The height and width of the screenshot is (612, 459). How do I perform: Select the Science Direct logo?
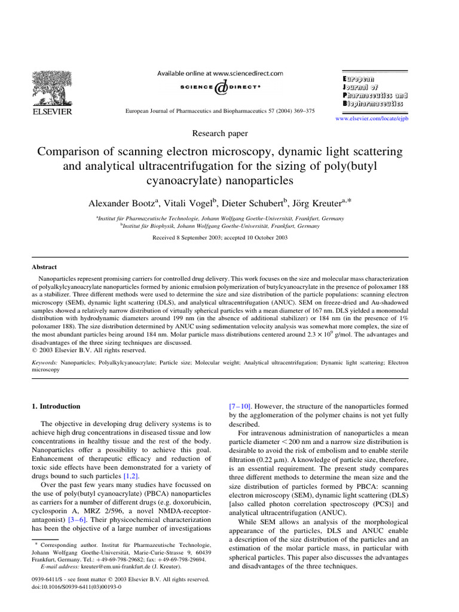(x=220, y=87)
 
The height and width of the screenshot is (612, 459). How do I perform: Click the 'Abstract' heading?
(x=44, y=268)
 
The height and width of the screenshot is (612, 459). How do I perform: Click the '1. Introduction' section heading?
(x=56, y=406)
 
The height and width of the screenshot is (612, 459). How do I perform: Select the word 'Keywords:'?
(x=45, y=362)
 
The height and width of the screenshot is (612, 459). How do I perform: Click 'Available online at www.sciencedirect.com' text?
(x=220, y=74)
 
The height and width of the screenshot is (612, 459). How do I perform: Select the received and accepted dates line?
(x=220, y=238)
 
